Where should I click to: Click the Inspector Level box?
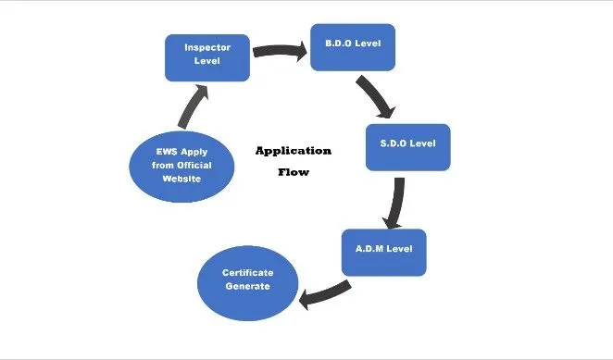point(206,56)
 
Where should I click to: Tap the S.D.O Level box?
point(407,146)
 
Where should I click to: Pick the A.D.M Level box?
point(383,251)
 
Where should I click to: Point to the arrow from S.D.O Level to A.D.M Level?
point(397,201)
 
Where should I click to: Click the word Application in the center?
point(293,150)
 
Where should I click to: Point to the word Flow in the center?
point(293,172)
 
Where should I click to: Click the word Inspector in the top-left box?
point(206,48)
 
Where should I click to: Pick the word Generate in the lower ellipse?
point(245,287)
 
